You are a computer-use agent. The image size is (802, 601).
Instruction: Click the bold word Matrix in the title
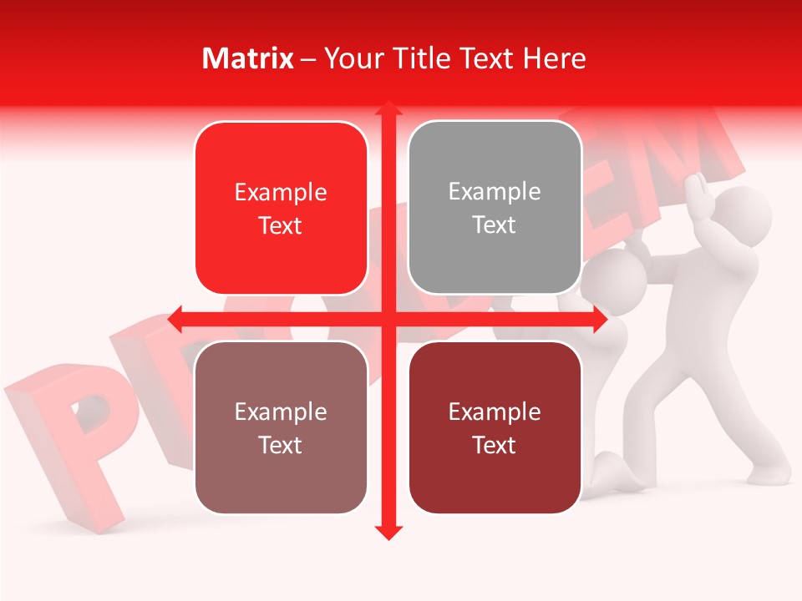tap(248, 58)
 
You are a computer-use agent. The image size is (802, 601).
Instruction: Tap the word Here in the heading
tap(554, 58)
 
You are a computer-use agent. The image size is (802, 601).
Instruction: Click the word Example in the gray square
tap(495, 192)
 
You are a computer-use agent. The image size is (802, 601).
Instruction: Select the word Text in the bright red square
tap(281, 226)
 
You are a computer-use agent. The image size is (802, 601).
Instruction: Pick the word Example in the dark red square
tap(495, 412)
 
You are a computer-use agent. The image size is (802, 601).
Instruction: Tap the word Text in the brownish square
tap(281, 446)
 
